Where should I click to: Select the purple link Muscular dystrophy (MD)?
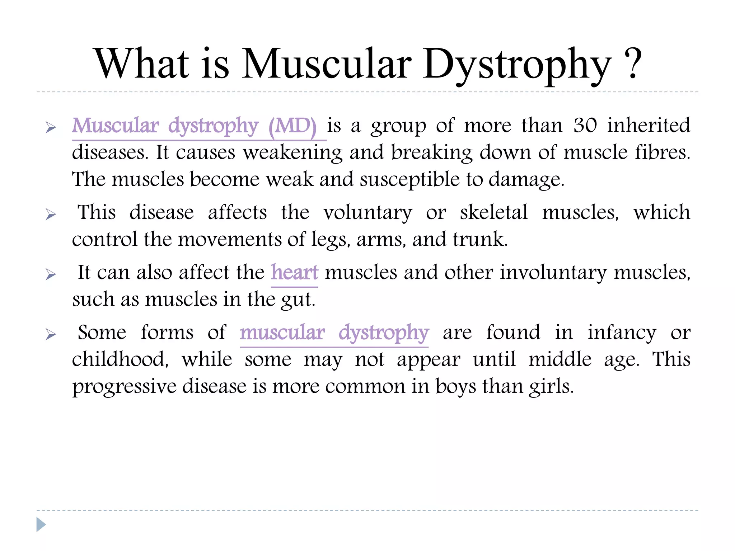pyautogui.click(x=194, y=126)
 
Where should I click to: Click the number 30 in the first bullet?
pyautogui.click(x=585, y=125)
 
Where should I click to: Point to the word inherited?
pyautogui.click(x=649, y=125)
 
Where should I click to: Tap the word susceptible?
pyautogui.click(x=409, y=179)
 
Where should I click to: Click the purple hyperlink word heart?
pyautogui.click(x=294, y=272)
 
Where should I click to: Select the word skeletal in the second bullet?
pyautogui.click(x=494, y=212)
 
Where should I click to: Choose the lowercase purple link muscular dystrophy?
pyautogui.click(x=334, y=333)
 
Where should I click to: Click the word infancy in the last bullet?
pyautogui.click(x=622, y=333)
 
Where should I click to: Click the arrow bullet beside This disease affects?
pyautogui.click(x=51, y=215)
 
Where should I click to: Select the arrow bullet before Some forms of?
pyautogui.click(x=51, y=335)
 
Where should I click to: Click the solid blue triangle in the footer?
pyautogui.click(x=41, y=524)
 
